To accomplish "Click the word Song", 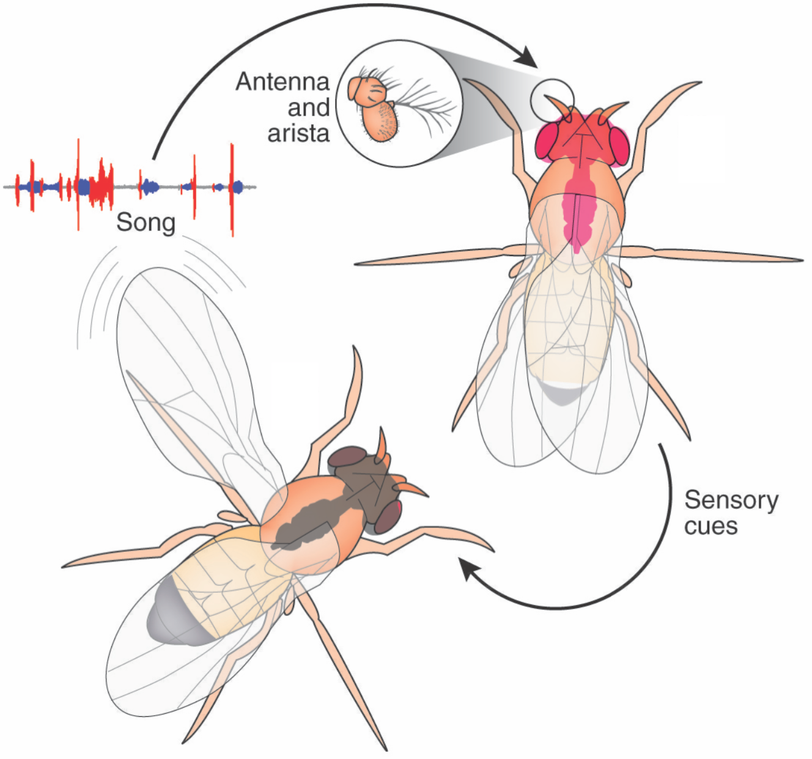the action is point(146,222).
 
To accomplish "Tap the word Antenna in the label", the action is point(282,81).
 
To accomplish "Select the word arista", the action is point(298,133).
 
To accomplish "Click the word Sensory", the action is point(731,501).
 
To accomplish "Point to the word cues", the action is point(711,526).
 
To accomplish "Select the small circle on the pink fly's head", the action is point(552,100).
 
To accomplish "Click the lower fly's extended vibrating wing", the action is point(183,367).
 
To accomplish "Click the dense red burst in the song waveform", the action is point(102,185).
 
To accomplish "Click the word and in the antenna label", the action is point(309,108).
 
